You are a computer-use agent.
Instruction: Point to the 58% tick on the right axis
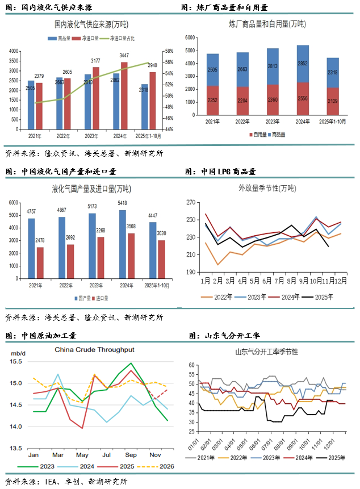[x=169, y=51]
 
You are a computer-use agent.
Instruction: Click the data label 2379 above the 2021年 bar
[x=39, y=76]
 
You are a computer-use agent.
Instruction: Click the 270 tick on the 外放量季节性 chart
[x=190, y=202]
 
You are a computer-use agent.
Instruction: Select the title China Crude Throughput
[x=94, y=350]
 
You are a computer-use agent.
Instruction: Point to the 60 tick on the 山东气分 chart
[x=191, y=365]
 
